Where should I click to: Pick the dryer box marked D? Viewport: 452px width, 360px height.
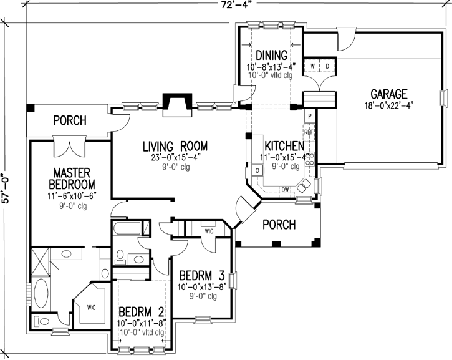pos(327,66)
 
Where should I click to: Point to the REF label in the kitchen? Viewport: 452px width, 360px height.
pos(308,132)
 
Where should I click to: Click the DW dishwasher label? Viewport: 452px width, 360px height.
pos(284,189)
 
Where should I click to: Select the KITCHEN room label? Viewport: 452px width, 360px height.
pos(285,146)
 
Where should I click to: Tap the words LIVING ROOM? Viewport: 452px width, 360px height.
pos(175,147)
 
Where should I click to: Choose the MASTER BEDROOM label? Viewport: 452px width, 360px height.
pos(73,178)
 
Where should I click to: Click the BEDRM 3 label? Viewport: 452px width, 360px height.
pos(203,276)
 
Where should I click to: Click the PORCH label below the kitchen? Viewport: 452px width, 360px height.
pos(278,225)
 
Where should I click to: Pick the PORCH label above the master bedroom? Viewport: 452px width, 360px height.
pos(69,120)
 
